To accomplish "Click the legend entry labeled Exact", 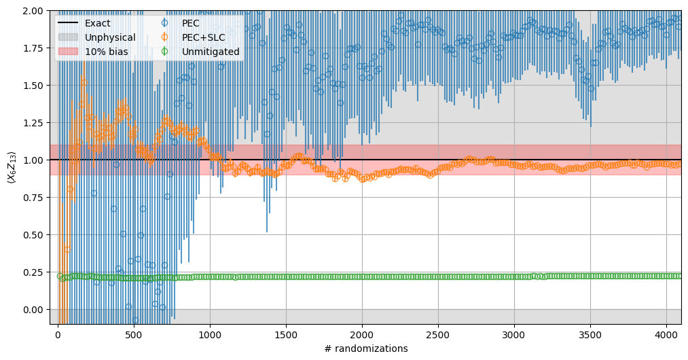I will pos(97,23).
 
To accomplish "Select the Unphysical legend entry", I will pos(110,37).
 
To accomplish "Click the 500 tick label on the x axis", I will pos(134,334).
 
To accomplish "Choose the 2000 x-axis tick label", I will pos(362,334).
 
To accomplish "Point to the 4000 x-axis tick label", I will pos(666,334).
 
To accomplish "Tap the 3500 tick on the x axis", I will pos(590,334).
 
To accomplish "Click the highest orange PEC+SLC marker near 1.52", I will pos(84,82).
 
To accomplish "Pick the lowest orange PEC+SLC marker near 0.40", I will pos(66,249).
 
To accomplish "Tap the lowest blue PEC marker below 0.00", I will pos(135,320).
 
